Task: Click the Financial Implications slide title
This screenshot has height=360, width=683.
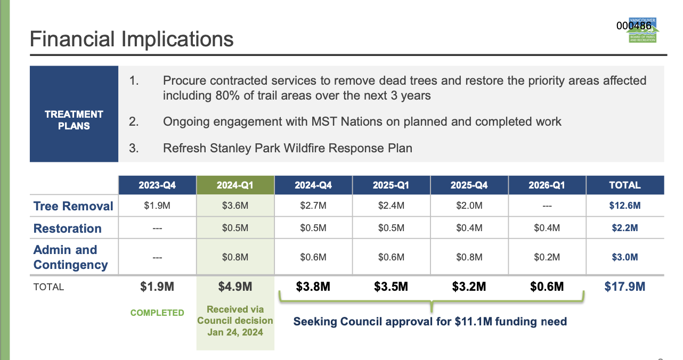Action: tap(132, 39)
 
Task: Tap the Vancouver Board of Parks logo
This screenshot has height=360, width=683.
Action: tap(643, 30)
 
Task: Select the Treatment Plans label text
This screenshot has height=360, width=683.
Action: tap(74, 120)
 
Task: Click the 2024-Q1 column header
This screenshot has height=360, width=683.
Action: tap(235, 185)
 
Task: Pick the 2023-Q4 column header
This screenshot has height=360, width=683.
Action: tap(157, 185)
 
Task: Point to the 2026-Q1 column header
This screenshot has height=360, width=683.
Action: tap(547, 185)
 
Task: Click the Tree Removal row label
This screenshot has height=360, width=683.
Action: tap(73, 206)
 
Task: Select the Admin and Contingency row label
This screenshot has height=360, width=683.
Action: tap(70, 257)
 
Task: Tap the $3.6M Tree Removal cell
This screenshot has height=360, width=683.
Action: tap(235, 206)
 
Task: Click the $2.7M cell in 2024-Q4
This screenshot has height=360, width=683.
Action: tap(313, 206)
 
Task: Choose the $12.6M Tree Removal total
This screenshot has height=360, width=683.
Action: tap(625, 206)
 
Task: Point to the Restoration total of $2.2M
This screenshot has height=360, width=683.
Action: tap(625, 228)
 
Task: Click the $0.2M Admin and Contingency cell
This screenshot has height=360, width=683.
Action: tap(547, 257)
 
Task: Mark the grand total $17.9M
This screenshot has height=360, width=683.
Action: tap(625, 287)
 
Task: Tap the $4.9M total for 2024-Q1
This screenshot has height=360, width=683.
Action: tap(235, 287)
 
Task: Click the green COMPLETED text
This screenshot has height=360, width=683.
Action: tap(157, 313)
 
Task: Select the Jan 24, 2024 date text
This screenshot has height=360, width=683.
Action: tap(235, 332)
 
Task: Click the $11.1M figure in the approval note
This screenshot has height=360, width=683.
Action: tap(474, 322)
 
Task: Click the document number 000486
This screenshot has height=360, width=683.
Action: tap(633, 26)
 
